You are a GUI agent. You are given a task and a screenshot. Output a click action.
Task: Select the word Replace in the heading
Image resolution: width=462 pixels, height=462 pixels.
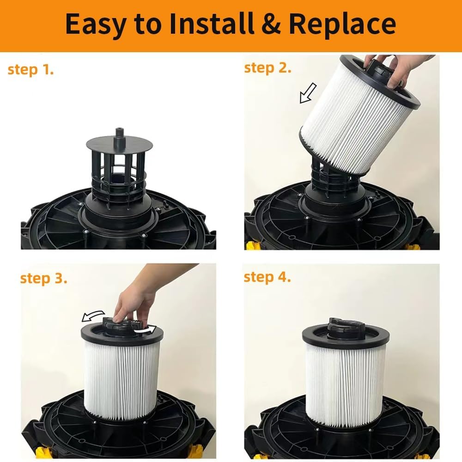[344, 24]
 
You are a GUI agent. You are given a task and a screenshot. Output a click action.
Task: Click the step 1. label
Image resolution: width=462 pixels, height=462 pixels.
[30, 70]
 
